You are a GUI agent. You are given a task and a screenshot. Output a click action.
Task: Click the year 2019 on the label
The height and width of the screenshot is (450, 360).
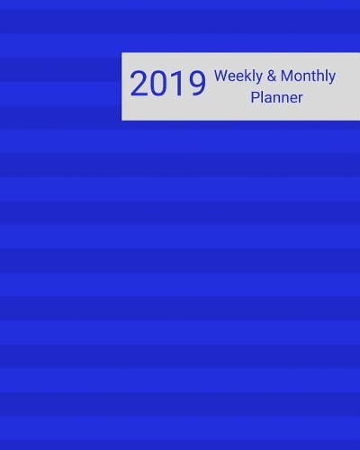[x=166, y=85]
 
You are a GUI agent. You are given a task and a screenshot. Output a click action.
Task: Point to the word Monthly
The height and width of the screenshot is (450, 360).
[x=309, y=76]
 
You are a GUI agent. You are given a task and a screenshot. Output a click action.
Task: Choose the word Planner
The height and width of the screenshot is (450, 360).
[x=276, y=97]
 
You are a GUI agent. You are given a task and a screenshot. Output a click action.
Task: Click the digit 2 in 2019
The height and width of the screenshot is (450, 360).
[x=139, y=85]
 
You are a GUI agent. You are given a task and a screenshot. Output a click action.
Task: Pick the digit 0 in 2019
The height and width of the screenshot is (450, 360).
[x=159, y=85]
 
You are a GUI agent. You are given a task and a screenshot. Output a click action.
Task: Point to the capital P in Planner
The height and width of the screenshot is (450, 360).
[x=256, y=97]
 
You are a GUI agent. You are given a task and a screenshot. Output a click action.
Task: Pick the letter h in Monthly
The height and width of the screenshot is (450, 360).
[x=324, y=76]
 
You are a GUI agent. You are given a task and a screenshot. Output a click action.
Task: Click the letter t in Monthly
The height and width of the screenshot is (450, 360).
[x=316, y=76]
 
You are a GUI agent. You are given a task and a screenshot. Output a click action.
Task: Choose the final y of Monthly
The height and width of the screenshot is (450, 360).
[x=332, y=79]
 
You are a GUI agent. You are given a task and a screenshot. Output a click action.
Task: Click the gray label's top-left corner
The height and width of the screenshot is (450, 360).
[x=122, y=53]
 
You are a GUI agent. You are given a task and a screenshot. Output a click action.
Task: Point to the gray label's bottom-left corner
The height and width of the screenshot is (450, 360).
[x=122, y=120]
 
